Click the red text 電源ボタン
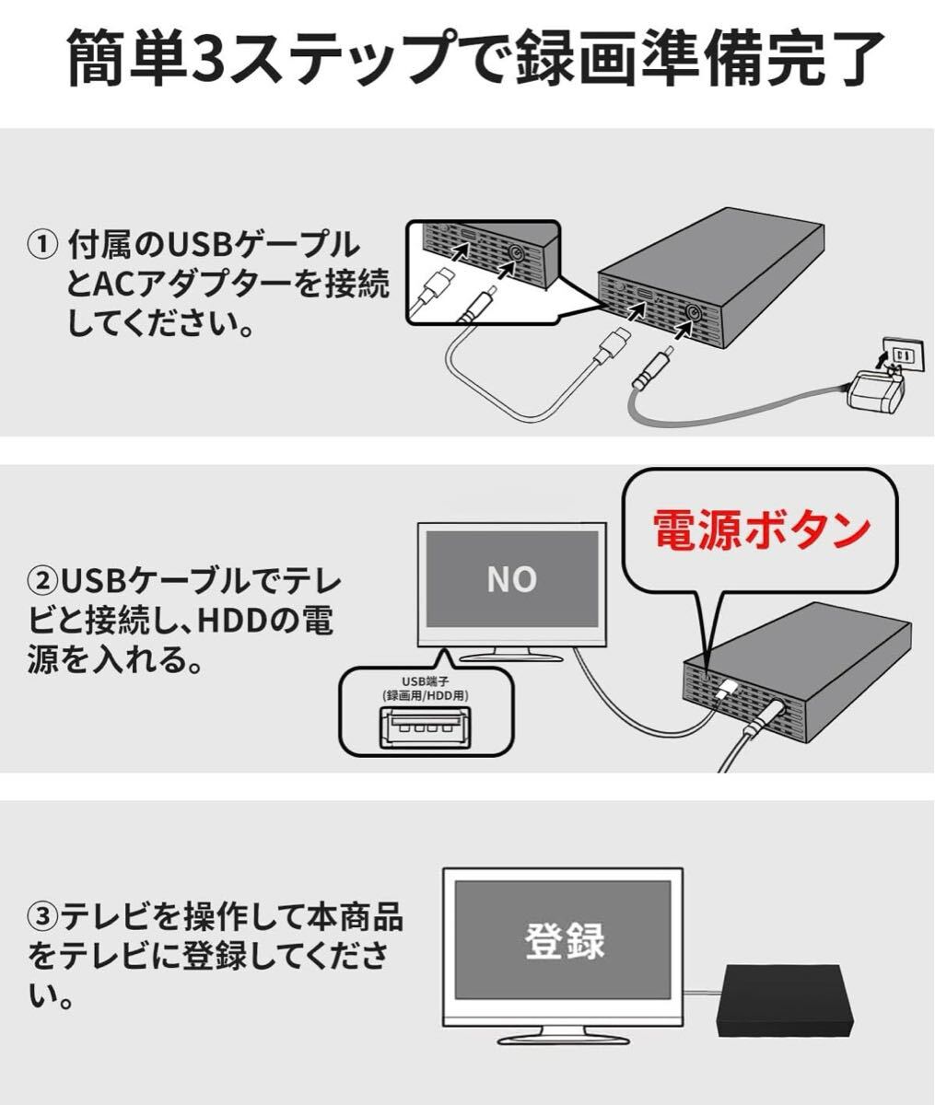pyautogui.click(x=761, y=529)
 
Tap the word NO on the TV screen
pyautogui.click(x=512, y=579)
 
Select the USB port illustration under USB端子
pyautogui.click(x=426, y=728)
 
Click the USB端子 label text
pyautogui.click(x=426, y=681)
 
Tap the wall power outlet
pyautogui.click(x=902, y=354)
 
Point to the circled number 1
pyautogui.click(x=41, y=245)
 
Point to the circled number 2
pyautogui.click(x=41, y=582)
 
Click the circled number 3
pyautogui.click(x=41, y=918)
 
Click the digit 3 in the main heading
pyautogui.click(x=207, y=57)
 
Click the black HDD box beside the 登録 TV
pyautogui.click(x=785, y=996)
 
